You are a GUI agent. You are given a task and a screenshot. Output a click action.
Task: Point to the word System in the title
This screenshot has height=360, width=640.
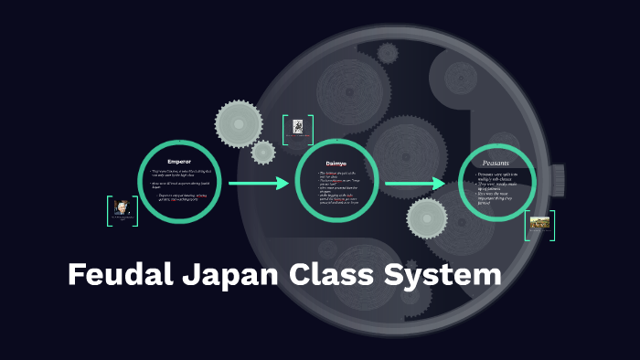446,275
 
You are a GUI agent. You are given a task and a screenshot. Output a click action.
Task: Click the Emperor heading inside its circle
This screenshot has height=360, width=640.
179,162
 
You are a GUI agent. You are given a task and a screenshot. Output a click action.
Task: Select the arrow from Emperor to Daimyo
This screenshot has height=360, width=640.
259,184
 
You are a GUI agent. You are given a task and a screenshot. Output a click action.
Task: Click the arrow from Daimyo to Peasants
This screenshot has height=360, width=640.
415,184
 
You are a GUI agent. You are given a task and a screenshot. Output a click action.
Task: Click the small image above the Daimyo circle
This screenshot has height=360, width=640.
298,130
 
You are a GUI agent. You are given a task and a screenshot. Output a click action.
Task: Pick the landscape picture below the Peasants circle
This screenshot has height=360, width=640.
539,223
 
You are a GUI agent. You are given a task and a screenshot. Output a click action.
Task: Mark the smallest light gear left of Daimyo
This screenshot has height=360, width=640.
263,152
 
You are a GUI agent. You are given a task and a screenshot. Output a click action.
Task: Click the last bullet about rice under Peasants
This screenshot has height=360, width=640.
497,196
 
